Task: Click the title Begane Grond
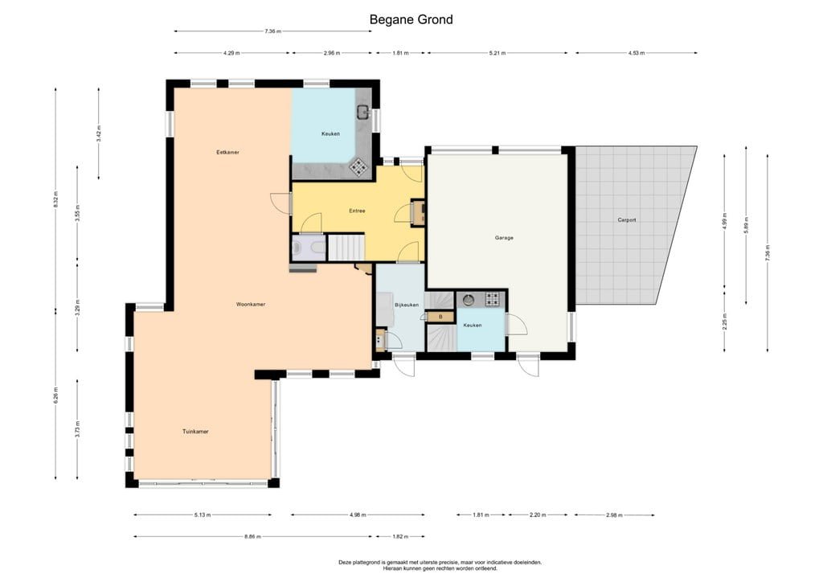click(x=411, y=19)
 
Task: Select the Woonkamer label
click(x=251, y=305)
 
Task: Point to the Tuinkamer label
click(x=195, y=432)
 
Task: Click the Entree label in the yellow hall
click(x=357, y=211)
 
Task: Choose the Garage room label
click(x=504, y=238)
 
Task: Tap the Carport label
click(x=627, y=219)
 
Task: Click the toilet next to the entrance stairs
click(x=298, y=248)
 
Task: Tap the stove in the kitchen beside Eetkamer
click(x=358, y=167)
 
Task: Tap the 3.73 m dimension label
click(x=77, y=426)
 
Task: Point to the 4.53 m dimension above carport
click(x=636, y=53)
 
